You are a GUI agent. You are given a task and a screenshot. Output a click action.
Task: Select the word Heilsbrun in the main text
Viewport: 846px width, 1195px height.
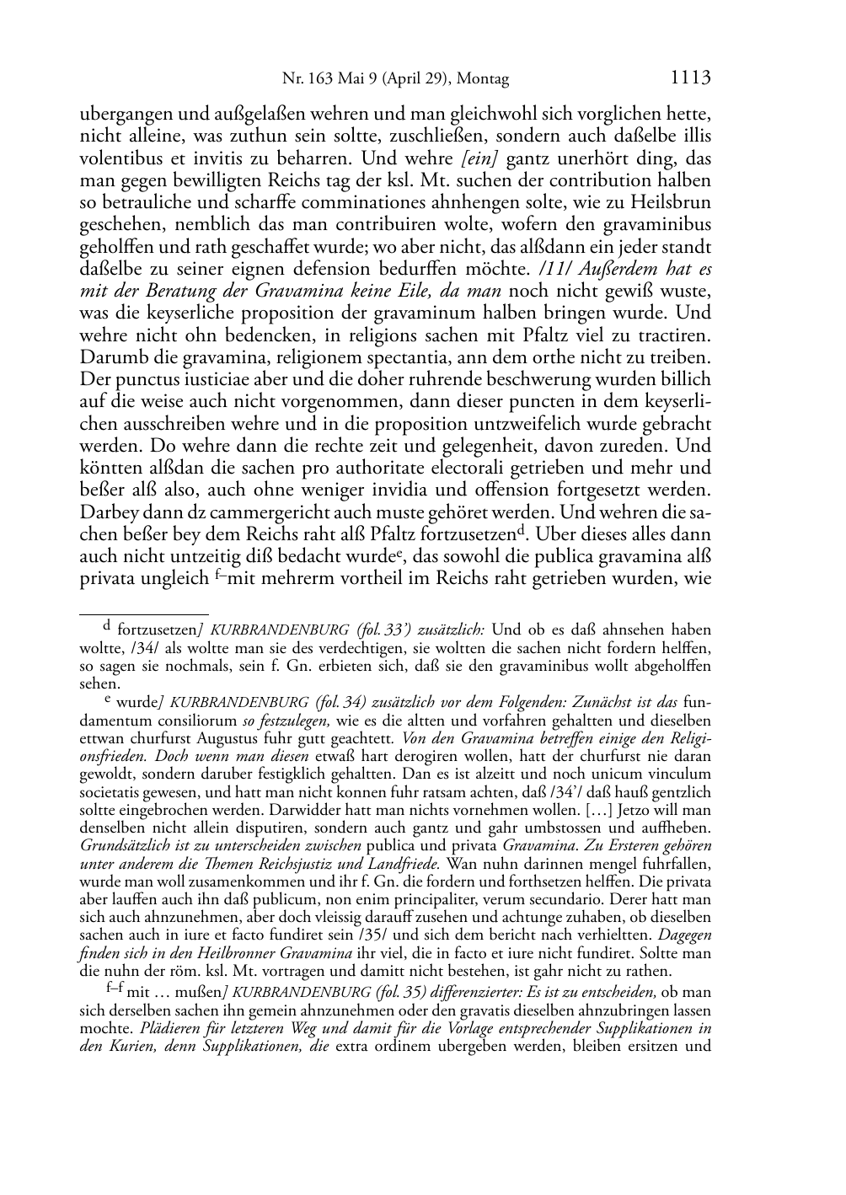[675, 202]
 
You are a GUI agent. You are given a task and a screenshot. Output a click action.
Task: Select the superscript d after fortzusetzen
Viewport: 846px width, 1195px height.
[522, 528]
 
